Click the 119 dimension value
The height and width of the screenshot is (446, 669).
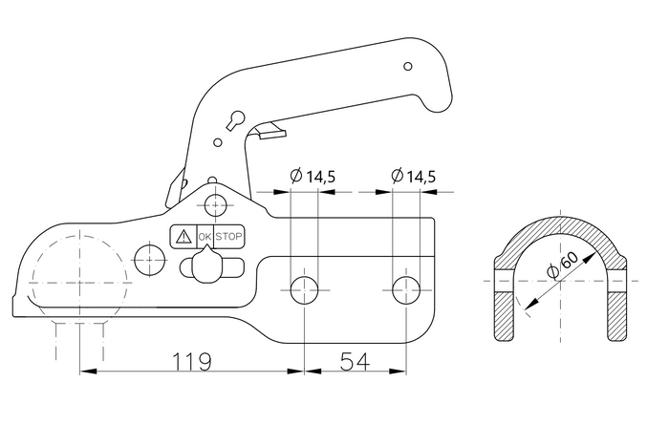pos(191,362)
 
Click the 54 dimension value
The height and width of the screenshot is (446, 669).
pos(355,362)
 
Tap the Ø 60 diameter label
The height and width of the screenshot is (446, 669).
pos(563,265)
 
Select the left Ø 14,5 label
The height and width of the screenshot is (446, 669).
pos(313,176)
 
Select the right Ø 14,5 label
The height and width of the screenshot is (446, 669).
pos(414,176)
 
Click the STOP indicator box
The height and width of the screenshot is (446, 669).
pos(228,236)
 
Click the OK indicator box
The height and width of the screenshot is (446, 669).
pos(205,236)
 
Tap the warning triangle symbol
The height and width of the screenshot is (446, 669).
pos(183,236)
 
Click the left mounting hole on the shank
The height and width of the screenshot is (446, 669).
pos(304,290)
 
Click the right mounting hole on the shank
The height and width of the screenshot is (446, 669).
pos(406,290)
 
